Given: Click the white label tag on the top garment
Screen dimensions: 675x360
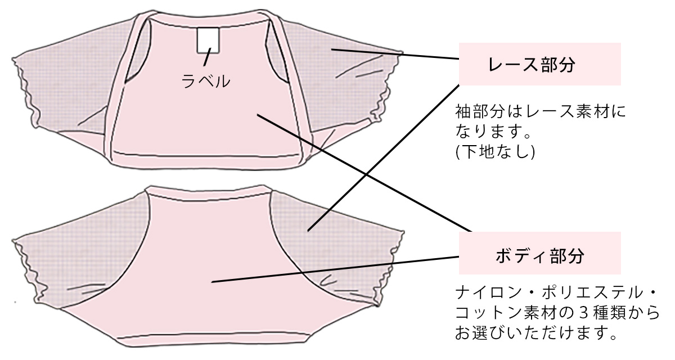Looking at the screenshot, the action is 208,40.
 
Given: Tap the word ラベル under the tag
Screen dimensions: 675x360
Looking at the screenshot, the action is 206,81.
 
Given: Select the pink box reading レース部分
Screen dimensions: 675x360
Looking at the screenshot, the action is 539,64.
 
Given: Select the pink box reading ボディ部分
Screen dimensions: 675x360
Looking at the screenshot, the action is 539,253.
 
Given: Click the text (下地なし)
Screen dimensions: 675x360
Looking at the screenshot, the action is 495,151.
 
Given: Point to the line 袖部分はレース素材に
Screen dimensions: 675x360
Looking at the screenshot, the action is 541,111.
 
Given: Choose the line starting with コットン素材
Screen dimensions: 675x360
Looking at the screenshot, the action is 557,313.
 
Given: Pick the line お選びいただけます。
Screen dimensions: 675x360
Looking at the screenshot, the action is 535,333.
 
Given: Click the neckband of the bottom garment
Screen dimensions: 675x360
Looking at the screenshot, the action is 208,193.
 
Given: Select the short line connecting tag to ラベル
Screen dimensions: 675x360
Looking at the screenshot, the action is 208,57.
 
